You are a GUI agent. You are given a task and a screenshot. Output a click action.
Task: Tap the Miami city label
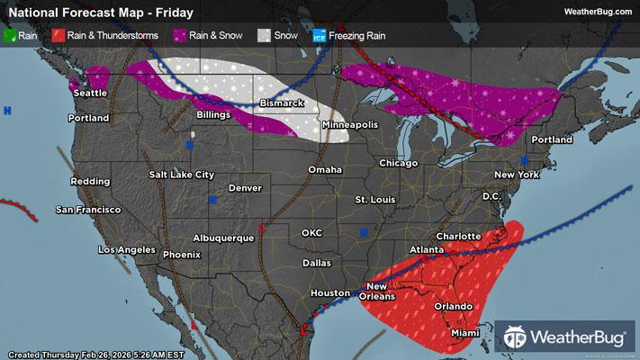(465, 332)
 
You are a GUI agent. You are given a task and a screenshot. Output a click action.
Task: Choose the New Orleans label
(378, 291)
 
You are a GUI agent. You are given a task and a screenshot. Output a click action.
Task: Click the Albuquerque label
(224, 238)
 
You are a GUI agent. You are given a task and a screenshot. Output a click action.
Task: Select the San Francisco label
(88, 210)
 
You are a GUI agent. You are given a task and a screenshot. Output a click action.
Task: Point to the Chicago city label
(399, 163)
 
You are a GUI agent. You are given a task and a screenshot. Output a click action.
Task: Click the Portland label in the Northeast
(552, 140)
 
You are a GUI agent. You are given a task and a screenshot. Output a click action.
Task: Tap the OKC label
(311, 233)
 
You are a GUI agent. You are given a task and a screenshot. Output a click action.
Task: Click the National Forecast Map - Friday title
(89, 12)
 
